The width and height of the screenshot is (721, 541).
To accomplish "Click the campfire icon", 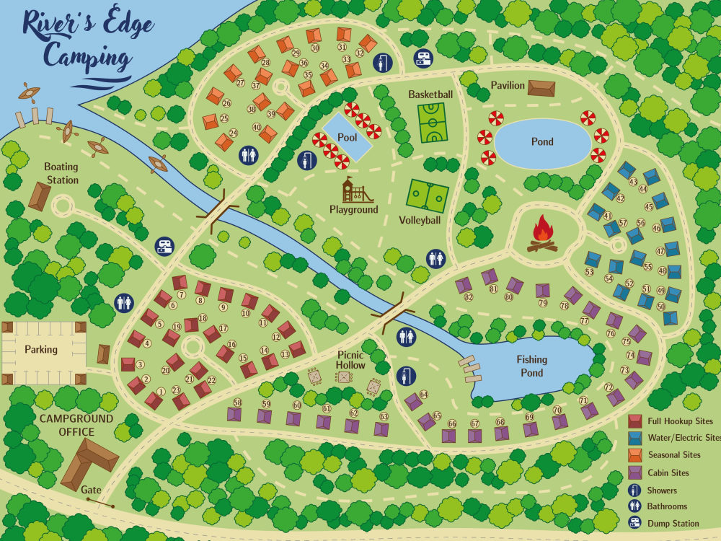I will tap(543, 234).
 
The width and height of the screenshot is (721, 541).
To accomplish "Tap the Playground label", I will tap(354, 210).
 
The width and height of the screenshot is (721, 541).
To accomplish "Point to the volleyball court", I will tap(428, 194).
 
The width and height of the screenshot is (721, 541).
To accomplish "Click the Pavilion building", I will tap(541, 88).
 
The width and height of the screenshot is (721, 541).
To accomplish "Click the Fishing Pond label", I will tap(531, 366).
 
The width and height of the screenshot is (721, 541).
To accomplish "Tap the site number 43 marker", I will tap(634, 182).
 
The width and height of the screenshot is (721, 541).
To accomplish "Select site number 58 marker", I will tap(237, 403).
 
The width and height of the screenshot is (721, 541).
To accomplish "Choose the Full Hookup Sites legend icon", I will tap(635, 421).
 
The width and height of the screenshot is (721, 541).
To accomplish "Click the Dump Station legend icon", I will tap(635, 523).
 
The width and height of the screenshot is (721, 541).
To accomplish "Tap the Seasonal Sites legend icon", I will tap(635, 455).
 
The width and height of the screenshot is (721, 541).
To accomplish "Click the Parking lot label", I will tap(41, 350).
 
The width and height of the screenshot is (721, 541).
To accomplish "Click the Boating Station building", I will tap(40, 195).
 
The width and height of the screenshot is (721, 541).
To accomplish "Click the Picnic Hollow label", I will tap(351, 360).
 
